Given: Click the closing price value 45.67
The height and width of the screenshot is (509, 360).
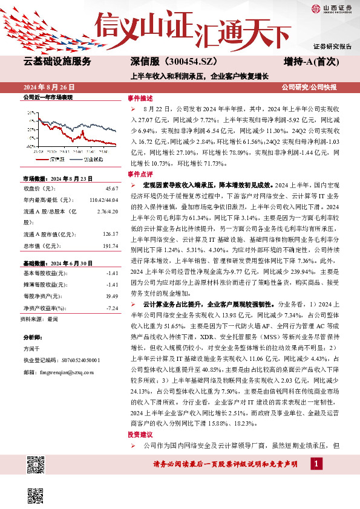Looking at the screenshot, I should [112, 189].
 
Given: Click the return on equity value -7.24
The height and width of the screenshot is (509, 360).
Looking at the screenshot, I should [112, 308].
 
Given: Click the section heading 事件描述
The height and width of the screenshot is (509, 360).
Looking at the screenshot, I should [141, 98].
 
